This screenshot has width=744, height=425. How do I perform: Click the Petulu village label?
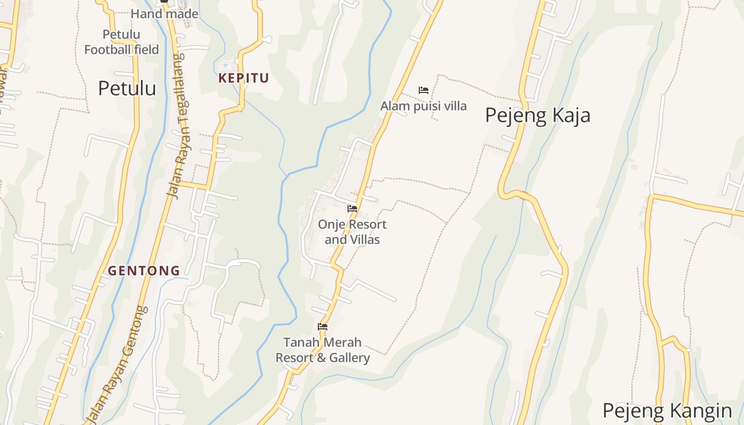pos(127,88)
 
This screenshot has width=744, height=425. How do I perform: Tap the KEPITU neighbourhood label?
pos(243,78)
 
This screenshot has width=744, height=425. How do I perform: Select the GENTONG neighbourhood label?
pos(144,271)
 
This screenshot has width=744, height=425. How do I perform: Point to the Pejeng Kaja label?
pos(537,115)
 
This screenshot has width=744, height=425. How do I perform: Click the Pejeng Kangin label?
pos(667,411)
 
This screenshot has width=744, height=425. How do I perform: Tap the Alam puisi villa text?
pos(423,106)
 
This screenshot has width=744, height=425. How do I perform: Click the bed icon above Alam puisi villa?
pos(423,90)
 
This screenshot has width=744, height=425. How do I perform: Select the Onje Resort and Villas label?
pos(352,232)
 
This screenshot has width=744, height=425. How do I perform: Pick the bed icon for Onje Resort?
pos(352,209)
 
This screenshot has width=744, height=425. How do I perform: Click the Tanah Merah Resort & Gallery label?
pos(323,350)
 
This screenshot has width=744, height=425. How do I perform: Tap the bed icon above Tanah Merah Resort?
pos(323,327)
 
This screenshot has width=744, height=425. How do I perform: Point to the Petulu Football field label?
pos(122,42)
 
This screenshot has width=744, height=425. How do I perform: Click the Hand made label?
pos(164,14)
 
